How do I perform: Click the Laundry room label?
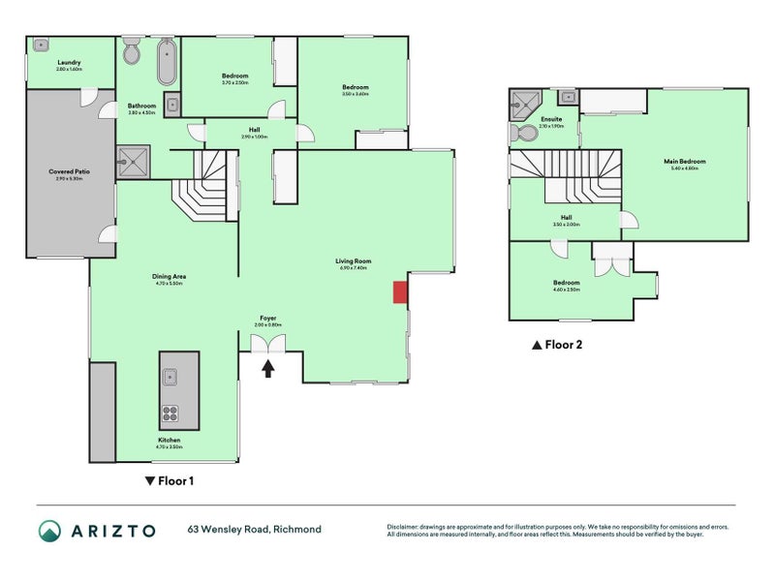pos(69,62)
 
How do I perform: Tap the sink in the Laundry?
pos(41,45)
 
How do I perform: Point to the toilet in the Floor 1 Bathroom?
pos(132,53)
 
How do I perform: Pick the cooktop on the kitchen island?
pos(170,413)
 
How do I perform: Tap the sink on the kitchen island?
pos(170,377)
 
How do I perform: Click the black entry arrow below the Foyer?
pos(268,368)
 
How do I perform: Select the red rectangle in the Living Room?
pos(399,292)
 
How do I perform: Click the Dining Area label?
pos(170,277)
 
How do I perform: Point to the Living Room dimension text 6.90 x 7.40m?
pos(354,268)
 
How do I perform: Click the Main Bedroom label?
pos(684,161)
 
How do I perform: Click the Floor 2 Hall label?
pos(565,218)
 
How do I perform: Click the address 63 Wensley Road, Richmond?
pos(254,530)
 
